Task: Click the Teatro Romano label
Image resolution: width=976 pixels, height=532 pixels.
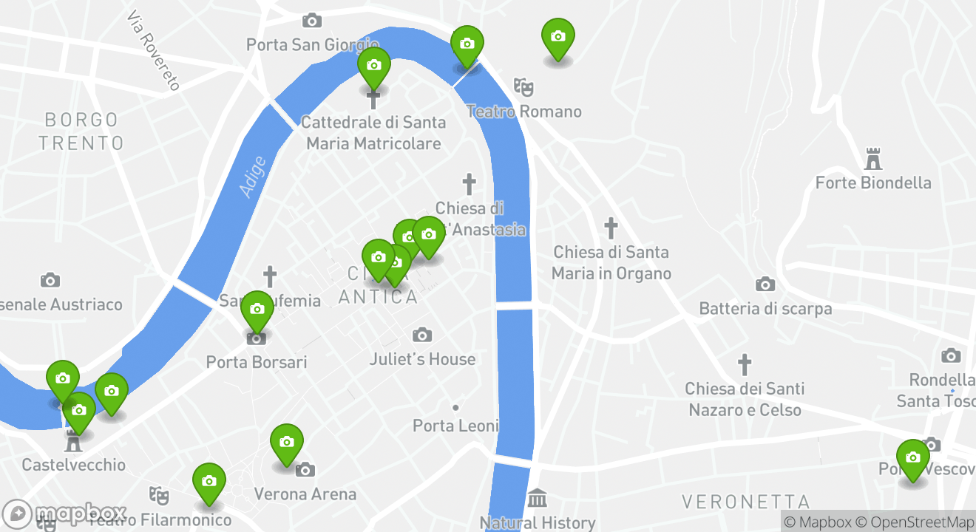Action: (x=523, y=112)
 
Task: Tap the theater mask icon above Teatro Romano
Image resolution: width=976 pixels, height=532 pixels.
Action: (x=523, y=86)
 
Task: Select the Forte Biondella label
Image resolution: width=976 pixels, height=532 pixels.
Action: (x=873, y=183)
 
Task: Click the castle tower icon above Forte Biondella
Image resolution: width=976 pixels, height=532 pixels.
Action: (x=873, y=158)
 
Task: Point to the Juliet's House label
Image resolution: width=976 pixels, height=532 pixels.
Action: (x=422, y=359)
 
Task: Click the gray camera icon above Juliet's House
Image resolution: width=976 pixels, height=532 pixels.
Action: (x=422, y=335)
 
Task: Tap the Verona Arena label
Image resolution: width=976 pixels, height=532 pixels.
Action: (x=305, y=494)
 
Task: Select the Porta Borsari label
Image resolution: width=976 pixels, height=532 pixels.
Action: (x=257, y=362)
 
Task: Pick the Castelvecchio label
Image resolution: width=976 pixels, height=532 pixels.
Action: (x=73, y=465)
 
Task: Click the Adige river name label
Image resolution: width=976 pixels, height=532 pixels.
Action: (x=252, y=177)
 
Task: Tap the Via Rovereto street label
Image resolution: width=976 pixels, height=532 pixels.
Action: (x=153, y=50)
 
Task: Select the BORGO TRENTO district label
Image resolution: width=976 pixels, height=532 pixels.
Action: (x=81, y=131)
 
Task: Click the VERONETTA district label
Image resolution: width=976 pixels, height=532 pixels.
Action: (x=745, y=502)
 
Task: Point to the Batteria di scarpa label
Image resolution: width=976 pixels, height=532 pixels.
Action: (x=765, y=308)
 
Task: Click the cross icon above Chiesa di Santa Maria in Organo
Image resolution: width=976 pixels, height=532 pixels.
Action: (x=611, y=228)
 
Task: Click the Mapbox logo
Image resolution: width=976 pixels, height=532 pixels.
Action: (x=65, y=514)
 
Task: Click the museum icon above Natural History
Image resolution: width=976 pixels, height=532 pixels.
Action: (x=538, y=498)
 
